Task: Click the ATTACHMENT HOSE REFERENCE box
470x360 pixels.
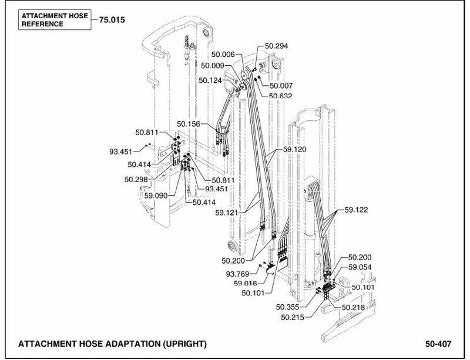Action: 55,20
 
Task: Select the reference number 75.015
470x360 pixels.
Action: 112,20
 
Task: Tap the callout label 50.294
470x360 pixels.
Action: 276,46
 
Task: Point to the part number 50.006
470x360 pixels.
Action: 223,54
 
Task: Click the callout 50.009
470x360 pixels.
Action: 213,65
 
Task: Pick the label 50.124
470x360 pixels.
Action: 210,80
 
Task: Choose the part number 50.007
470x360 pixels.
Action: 281,86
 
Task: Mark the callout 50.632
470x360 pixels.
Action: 280,96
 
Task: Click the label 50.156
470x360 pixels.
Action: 188,124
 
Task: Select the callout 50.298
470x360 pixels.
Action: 136,179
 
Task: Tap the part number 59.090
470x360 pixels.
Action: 156,196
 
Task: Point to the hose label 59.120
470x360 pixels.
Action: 295,149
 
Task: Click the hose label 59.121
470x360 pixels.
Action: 227,213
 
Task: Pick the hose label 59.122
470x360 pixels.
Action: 356,210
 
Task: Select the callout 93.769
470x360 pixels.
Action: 237,274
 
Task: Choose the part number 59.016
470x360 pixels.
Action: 245,283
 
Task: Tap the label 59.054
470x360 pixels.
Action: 360,267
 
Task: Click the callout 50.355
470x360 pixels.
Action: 287,307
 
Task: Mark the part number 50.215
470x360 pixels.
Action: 293,317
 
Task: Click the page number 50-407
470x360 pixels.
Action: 438,344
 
